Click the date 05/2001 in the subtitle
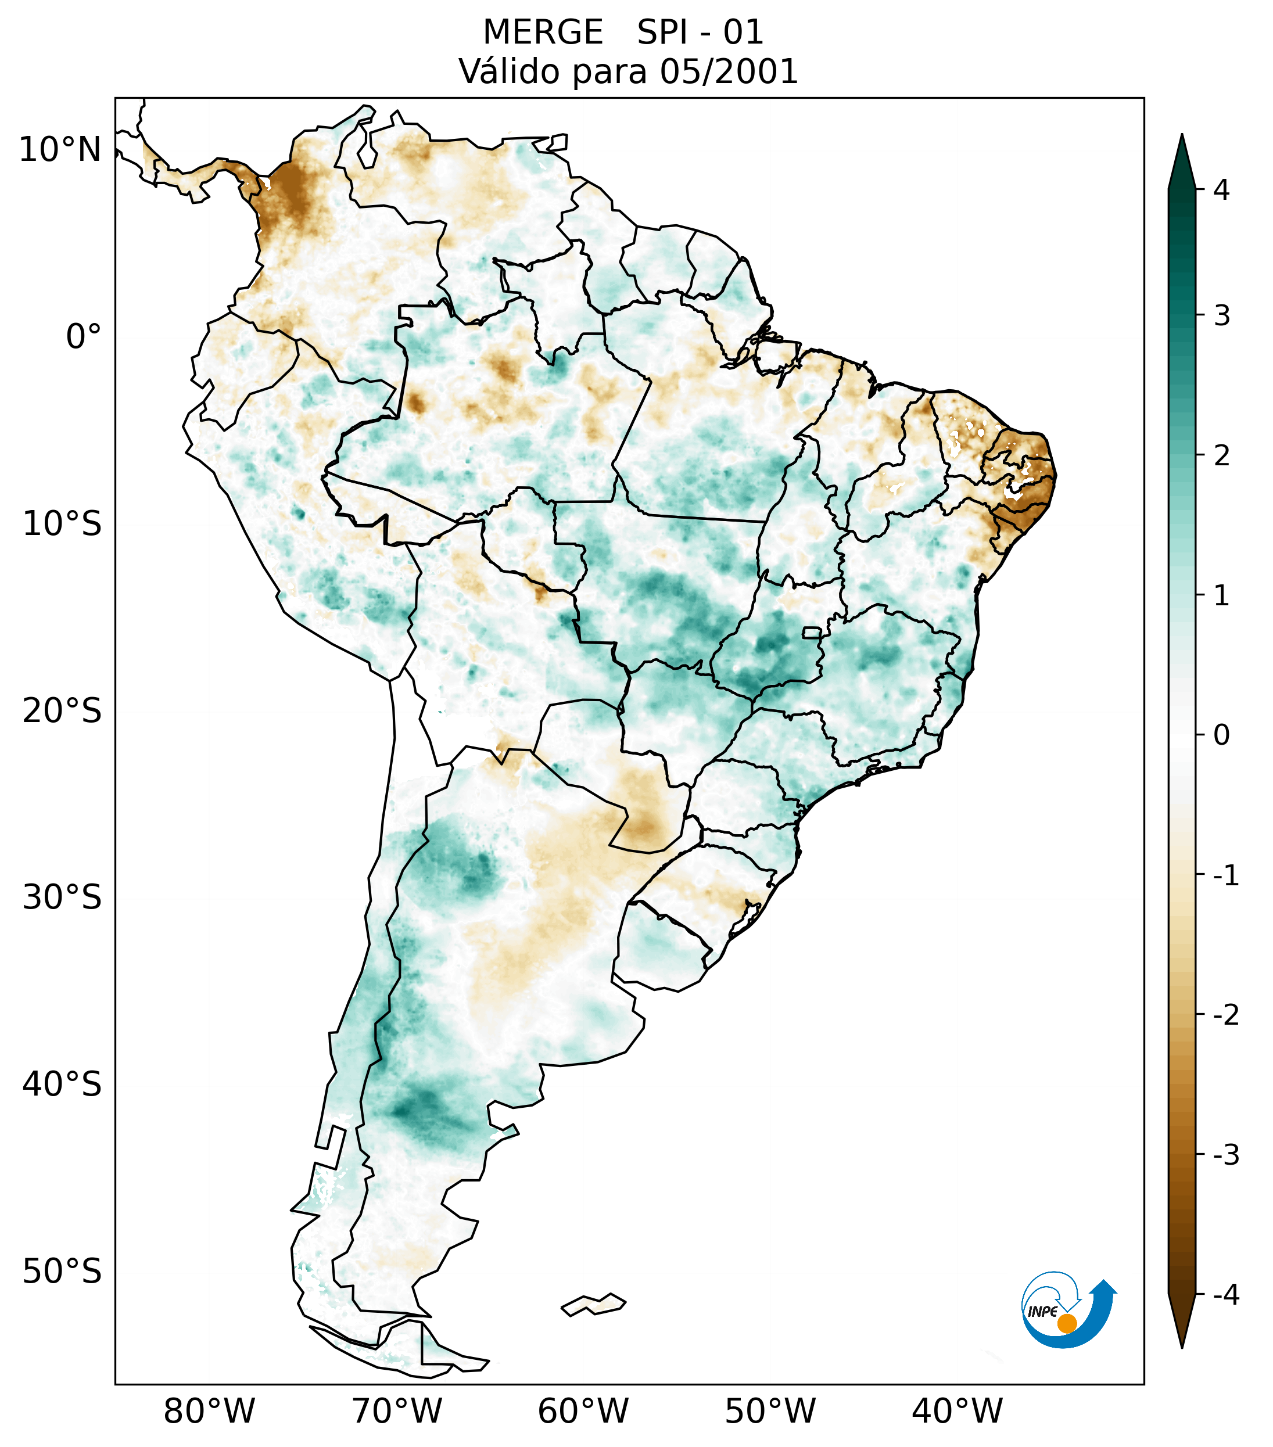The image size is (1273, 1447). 729,71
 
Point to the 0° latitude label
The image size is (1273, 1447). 83,337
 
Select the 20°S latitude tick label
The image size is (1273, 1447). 62,711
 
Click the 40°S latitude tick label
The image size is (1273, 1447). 62,1085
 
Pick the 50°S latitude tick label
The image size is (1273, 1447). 62,1272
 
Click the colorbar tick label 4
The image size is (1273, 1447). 1221,190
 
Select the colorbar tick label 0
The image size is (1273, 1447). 1221,735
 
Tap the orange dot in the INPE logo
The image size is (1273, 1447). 1066,1323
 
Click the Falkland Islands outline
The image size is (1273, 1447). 593,1304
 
